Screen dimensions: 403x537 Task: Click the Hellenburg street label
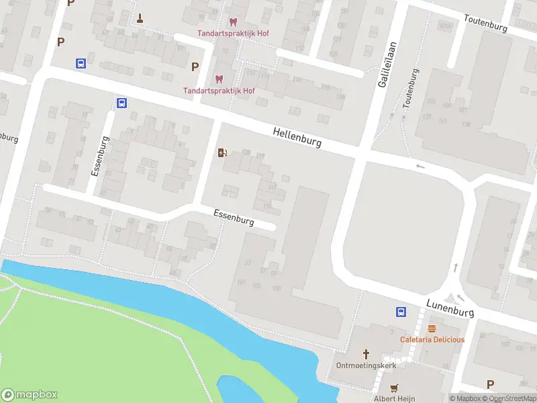297,138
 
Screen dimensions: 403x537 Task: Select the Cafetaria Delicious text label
432,339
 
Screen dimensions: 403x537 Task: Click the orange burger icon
432,328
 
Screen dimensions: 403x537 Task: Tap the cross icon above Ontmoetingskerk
367,353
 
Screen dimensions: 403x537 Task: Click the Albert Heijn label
394,398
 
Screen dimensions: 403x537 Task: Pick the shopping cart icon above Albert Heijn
394,388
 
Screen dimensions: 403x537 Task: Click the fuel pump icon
222,153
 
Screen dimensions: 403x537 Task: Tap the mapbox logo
30,395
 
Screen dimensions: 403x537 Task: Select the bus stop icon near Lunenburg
401,312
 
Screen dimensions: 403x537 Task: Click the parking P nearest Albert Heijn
490,384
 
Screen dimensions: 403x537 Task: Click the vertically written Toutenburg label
411,89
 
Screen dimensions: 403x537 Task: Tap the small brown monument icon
140,18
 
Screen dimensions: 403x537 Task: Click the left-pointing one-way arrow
421,167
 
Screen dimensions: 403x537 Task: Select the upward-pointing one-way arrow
456,267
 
